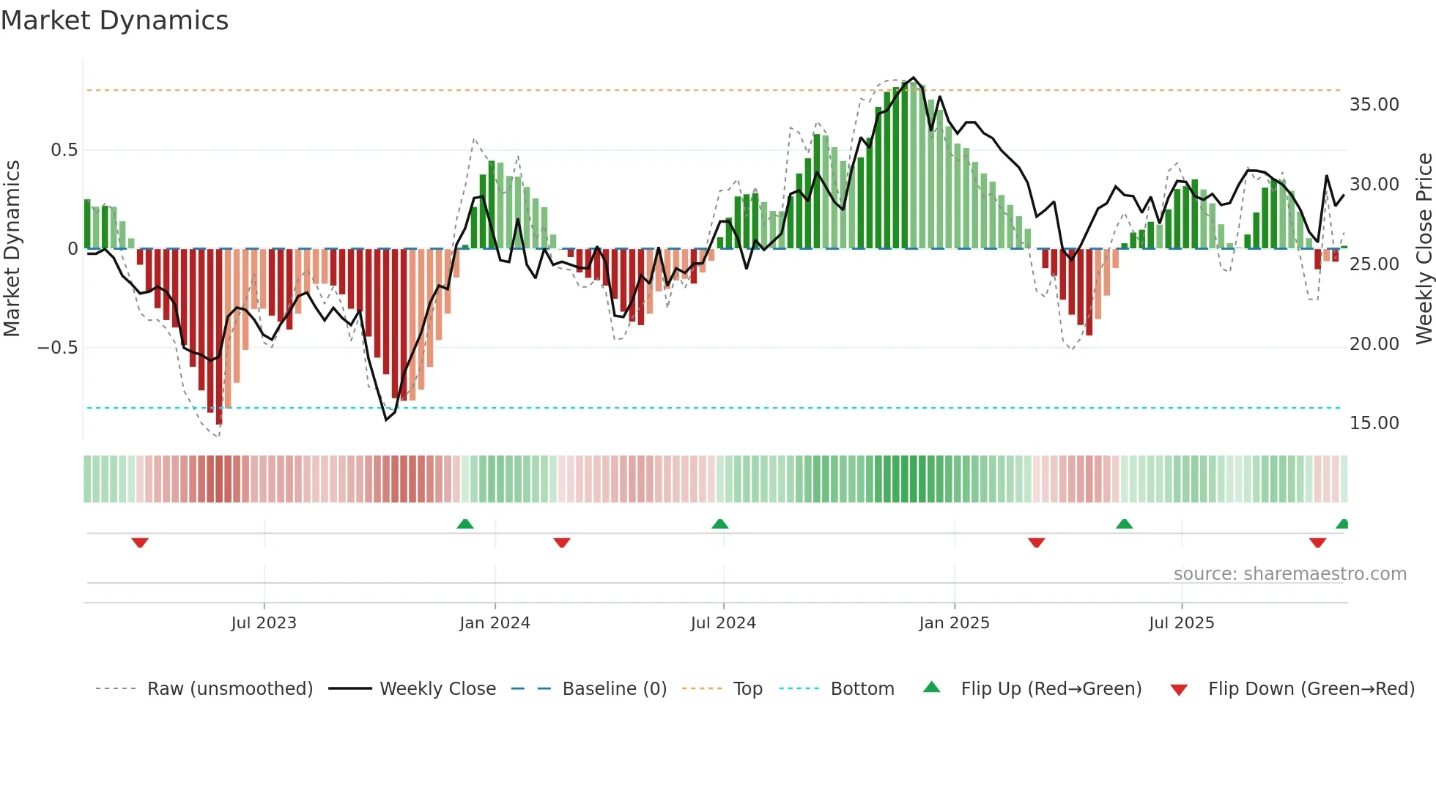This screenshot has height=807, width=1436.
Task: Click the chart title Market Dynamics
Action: [x=114, y=21]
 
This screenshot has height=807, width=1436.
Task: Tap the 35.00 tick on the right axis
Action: [x=1374, y=105]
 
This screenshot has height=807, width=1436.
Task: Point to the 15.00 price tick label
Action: [x=1374, y=423]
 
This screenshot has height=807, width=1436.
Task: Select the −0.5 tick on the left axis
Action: [x=57, y=348]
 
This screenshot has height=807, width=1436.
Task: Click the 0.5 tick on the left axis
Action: [x=64, y=150]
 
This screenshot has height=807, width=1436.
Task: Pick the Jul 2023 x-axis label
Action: [x=264, y=623]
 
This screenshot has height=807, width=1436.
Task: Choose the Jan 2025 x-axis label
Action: [x=954, y=623]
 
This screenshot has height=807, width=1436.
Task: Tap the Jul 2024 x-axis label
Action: [x=723, y=623]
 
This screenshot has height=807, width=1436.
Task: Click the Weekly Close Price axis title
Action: [x=1424, y=248]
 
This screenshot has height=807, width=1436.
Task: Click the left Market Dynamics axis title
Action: [x=12, y=248]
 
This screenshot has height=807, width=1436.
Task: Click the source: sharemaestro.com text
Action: [x=1289, y=574]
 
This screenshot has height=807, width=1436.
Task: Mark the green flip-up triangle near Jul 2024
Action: [x=720, y=524]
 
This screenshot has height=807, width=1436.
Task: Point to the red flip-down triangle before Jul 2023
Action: [x=140, y=543]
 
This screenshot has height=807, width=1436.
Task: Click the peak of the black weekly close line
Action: [x=913, y=78]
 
